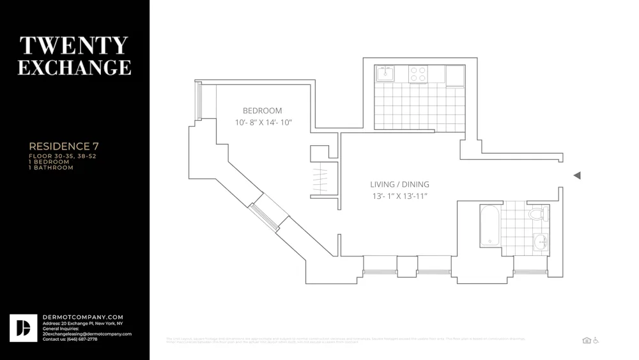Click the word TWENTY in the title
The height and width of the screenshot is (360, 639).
(x=74, y=45)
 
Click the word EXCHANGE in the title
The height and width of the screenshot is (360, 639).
(x=74, y=67)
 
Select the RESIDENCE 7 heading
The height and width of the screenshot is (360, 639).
(x=64, y=146)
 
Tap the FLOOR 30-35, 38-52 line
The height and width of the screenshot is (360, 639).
(x=63, y=156)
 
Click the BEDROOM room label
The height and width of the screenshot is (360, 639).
(x=262, y=111)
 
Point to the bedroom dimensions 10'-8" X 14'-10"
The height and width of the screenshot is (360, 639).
(x=263, y=122)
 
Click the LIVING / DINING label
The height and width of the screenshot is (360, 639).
(x=399, y=184)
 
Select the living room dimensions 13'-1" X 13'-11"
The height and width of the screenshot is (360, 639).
(x=399, y=196)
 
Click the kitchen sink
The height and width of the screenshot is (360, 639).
(x=385, y=74)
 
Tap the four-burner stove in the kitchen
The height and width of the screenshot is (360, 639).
(x=418, y=74)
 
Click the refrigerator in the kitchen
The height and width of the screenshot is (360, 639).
(x=455, y=75)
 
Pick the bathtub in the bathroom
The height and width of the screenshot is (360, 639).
(x=489, y=225)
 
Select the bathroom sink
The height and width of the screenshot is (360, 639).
(x=541, y=242)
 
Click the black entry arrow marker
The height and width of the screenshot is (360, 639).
(x=577, y=175)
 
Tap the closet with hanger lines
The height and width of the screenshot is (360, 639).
(x=319, y=180)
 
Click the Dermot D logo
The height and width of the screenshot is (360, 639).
(x=24, y=328)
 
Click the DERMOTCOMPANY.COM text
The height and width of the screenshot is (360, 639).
(x=83, y=317)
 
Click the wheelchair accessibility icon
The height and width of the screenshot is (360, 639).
(x=596, y=340)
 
